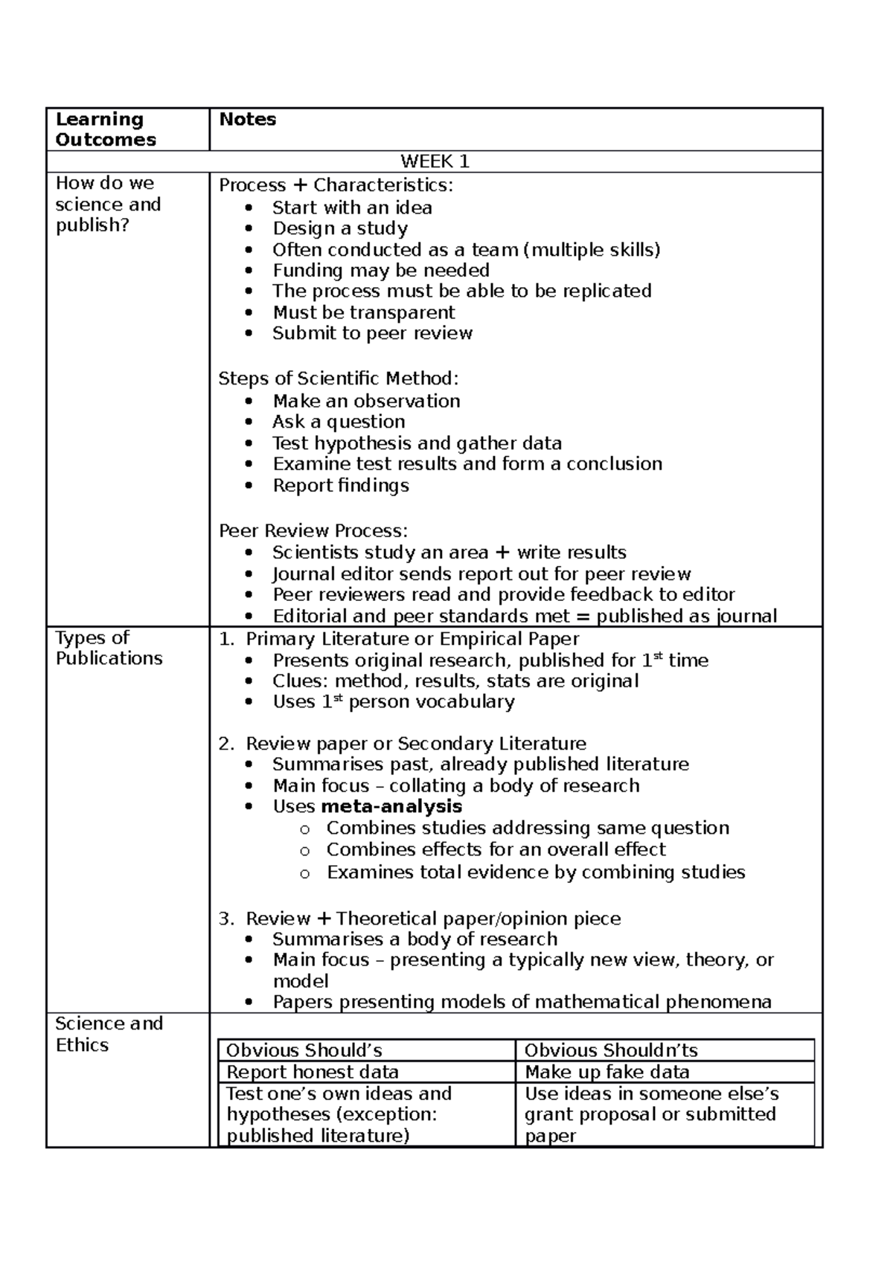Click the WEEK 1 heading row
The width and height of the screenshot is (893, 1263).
coord(435,161)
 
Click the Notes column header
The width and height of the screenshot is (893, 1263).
coord(247,120)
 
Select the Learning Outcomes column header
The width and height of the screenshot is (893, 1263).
coord(106,129)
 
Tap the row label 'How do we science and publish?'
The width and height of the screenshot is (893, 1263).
coord(108,204)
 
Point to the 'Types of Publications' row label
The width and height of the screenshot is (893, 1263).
coord(109,648)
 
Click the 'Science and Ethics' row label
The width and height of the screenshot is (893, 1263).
coord(109,1034)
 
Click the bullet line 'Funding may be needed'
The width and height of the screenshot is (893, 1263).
coord(380,270)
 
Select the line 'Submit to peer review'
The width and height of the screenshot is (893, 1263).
coord(372,333)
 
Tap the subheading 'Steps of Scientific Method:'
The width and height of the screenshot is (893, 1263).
coord(339,379)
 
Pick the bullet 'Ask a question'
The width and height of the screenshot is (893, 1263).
coord(339,422)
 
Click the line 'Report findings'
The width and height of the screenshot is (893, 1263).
coord(341,486)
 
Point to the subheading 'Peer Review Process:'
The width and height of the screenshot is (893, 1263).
coord(313,531)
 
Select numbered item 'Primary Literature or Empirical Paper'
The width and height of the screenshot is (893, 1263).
coord(412,639)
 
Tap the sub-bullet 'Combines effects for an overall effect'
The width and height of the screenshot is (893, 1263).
coord(496,849)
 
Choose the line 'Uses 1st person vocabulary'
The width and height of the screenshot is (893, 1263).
coord(393,702)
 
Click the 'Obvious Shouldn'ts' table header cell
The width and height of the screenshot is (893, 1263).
coord(611,1050)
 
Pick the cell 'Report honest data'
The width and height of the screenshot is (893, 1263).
coord(313,1072)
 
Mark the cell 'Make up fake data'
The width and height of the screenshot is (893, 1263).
coord(606,1072)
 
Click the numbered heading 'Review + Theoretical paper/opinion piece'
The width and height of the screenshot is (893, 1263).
coord(432,919)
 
